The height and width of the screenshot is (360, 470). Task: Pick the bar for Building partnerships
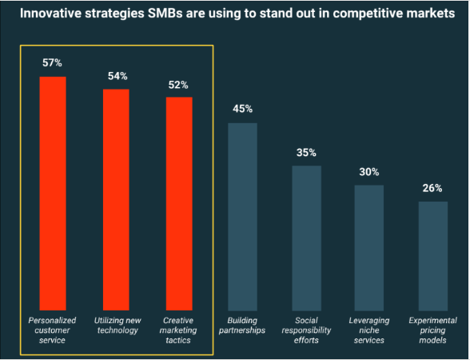[x=243, y=214]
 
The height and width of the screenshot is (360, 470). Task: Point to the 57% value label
[x=53, y=62]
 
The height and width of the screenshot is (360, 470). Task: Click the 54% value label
[x=117, y=76]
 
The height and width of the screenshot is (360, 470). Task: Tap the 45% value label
[x=243, y=109]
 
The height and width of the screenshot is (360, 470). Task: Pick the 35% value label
[x=306, y=152]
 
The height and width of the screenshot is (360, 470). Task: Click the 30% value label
[x=369, y=171]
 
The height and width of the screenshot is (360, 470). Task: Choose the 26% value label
[x=432, y=188]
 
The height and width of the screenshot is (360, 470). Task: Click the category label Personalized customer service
[x=53, y=330]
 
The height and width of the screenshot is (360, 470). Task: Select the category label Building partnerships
[x=243, y=324]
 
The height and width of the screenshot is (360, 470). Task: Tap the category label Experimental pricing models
[x=432, y=330]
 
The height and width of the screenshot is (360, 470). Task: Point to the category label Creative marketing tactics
[x=179, y=330]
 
